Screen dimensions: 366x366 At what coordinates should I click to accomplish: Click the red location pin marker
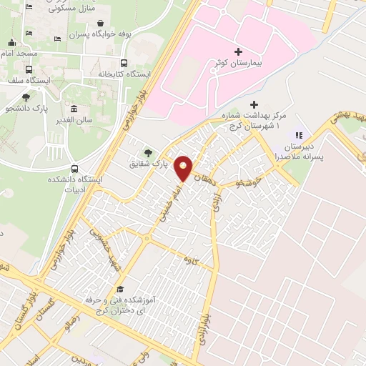coord(184,168)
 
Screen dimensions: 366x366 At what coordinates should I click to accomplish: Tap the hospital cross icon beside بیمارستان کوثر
coord(238,52)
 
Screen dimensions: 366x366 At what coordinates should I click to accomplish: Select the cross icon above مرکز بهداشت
coord(253,104)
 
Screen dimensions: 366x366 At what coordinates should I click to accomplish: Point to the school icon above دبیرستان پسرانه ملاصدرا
coord(300,134)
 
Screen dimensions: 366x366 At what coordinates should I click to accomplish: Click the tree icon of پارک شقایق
coord(148,152)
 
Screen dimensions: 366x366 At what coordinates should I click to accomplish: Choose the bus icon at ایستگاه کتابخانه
coord(124,62)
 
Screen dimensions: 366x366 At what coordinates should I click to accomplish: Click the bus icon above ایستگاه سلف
coord(29,70)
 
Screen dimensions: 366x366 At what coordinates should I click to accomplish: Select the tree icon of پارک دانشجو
coord(26,97)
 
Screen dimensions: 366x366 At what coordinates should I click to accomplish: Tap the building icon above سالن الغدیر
coord(74,109)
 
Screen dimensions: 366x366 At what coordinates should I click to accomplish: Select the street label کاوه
coord(189,258)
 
